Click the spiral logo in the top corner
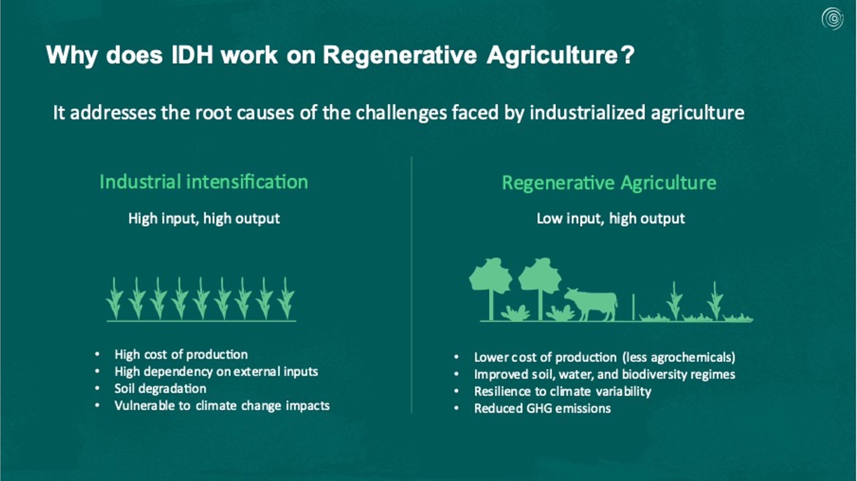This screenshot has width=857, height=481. pyautogui.click(x=833, y=19)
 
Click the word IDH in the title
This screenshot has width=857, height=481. pyautogui.click(x=192, y=55)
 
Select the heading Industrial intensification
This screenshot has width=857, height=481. pyautogui.click(x=204, y=182)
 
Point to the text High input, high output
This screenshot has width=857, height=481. pyautogui.click(x=204, y=219)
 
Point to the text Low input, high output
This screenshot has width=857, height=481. pyautogui.click(x=611, y=219)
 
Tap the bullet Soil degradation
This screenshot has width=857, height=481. pyautogui.click(x=160, y=389)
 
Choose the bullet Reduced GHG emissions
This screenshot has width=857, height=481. pyautogui.click(x=542, y=408)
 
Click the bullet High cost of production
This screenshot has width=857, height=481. pyautogui.click(x=181, y=355)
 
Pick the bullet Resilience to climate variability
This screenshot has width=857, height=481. pyautogui.click(x=563, y=391)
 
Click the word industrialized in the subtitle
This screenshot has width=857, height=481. pyautogui.click(x=588, y=113)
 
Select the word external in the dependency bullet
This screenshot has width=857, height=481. pyautogui.click(x=257, y=372)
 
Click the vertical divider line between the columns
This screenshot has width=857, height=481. pyautogui.click(x=411, y=285)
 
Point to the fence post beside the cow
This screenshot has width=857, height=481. pyautogui.click(x=633, y=307)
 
